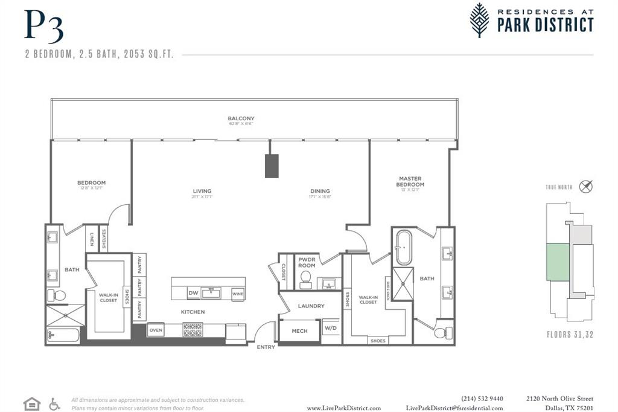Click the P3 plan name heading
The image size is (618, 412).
[43, 27]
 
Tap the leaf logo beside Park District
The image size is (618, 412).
[480, 20]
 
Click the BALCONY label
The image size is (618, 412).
[241, 118]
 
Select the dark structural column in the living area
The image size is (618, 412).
[272, 166]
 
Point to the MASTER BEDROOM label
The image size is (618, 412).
[410, 182]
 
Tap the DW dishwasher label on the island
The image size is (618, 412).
[193, 294]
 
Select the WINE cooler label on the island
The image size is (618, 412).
[238, 294]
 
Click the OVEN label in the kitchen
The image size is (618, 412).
[156, 330]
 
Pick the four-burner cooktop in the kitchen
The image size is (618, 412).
[193, 330]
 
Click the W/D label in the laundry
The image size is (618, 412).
[331, 329]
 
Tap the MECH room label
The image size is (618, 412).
[299, 331]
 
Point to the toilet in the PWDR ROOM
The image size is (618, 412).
[305, 278]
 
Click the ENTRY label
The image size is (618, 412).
[266, 347]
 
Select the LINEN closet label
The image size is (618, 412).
[91, 239]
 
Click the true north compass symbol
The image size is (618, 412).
[585, 187]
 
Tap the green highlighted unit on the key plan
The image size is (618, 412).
[558, 262]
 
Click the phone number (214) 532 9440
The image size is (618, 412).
[482, 399]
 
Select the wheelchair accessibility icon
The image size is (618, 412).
[54, 404]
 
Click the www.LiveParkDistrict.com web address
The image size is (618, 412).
[343, 408]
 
